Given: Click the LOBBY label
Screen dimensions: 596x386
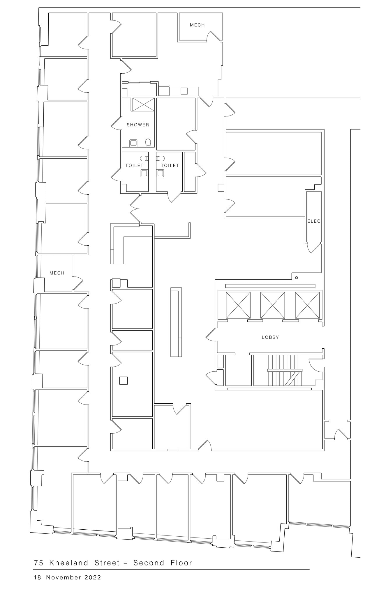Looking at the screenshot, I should point(270,337).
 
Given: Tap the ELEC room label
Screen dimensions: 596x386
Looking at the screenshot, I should point(314,221).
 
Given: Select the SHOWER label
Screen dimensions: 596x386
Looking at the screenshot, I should point(138,125).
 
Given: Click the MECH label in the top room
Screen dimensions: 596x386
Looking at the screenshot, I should point(197,25).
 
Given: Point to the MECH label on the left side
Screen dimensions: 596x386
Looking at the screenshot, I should point(57,273).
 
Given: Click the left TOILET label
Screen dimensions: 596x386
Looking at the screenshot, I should point(134,165).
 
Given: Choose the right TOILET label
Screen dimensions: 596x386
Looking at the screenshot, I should point(170,165).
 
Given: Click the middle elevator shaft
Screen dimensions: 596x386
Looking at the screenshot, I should point(272,305).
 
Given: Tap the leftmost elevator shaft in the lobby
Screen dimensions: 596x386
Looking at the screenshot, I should point(238,305).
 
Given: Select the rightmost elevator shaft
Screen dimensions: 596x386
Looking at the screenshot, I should point(307,305).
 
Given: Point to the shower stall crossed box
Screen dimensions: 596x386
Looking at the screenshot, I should point(143,104).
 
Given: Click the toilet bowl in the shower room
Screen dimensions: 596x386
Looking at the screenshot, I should point(148,142).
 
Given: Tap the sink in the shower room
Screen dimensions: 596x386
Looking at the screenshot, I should point(133,143).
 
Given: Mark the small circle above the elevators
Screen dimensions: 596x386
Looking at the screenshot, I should point(297,278).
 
